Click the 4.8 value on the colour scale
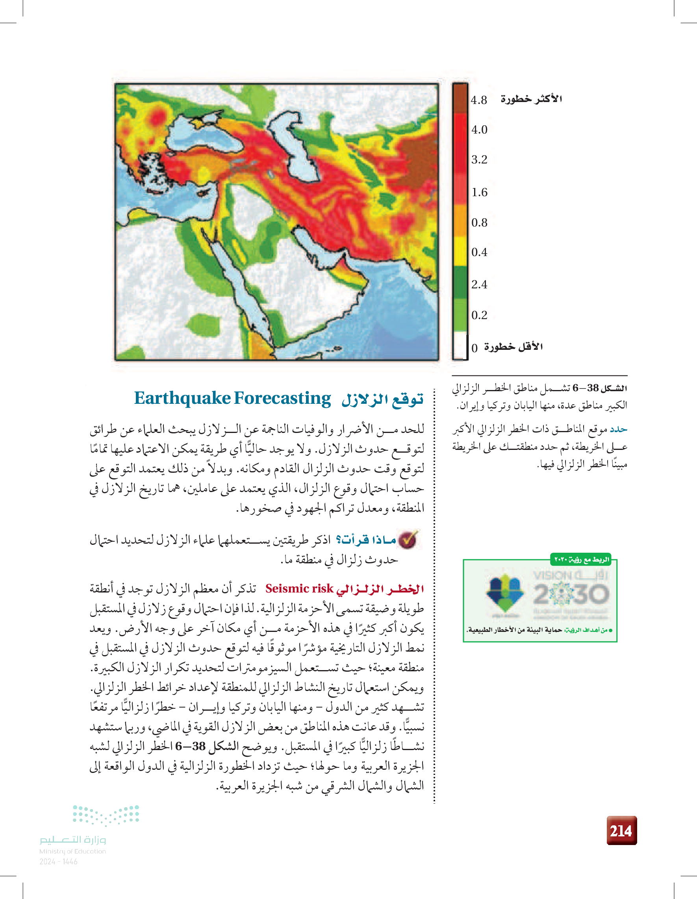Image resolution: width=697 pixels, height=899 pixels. [x=479, y=100]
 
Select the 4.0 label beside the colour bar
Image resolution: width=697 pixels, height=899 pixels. [x=479, y=130]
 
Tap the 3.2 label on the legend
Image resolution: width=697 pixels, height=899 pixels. [x=479, y=159]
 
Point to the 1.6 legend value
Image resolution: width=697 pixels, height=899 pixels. [x=479, y=192]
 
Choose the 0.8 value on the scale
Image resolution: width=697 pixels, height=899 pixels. [x=479, y=223]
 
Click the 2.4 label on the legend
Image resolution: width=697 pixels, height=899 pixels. [x=479, y=284]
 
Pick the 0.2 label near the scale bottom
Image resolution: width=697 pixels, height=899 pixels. [x=479, y=315]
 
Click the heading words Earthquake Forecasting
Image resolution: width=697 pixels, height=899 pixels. [x=232, y=398]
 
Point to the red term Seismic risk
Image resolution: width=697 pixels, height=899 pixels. [x=299, y=589]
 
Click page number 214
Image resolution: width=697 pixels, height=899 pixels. [x=621, y=831]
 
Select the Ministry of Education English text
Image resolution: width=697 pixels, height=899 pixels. [x=72, y=851]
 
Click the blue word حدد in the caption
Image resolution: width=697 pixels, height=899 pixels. [x=618, y=429]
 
